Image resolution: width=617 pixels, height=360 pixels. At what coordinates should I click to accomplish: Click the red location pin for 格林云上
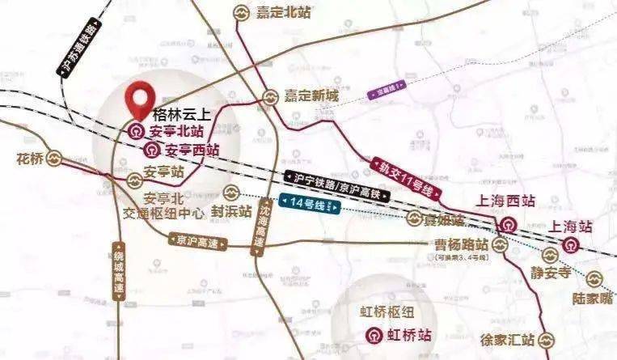pos(140,99)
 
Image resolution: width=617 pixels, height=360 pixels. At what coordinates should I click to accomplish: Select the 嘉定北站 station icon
pos(240,12)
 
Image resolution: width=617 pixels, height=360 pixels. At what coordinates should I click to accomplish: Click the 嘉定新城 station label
pos(311,95)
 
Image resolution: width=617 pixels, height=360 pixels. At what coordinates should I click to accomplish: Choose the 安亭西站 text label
pos(192,150)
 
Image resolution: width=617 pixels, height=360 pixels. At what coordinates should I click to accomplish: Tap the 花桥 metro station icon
pos(54,159)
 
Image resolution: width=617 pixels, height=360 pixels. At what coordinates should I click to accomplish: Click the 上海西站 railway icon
pos(509,225)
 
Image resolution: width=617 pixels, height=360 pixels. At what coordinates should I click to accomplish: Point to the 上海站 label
pos(573,226)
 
